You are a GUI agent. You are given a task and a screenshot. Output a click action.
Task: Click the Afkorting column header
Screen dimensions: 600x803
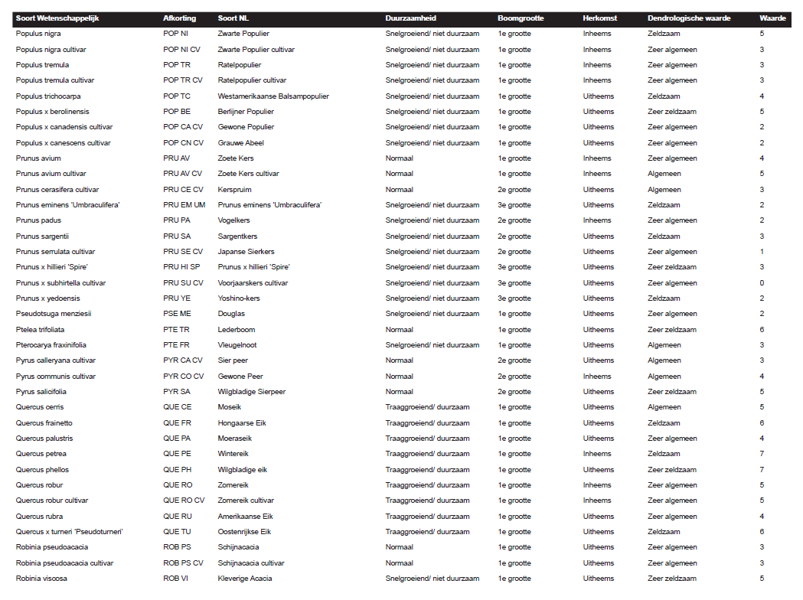(179, 18)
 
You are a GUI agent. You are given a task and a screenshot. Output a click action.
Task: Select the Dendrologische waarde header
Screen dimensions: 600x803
(688, 18)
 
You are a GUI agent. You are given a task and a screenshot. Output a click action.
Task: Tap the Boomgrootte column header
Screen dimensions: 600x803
(521, 18)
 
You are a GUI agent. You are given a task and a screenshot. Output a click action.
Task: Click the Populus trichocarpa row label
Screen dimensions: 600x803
(48, 96)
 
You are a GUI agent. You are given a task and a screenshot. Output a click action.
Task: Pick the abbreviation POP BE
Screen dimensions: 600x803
(176, 112)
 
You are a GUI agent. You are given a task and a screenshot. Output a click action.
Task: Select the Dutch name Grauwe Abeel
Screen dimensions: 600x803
(240, 143)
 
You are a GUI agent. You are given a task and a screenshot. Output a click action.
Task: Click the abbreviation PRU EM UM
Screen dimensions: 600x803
(184, 205)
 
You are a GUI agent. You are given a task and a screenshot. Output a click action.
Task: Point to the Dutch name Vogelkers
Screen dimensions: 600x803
(233, 220)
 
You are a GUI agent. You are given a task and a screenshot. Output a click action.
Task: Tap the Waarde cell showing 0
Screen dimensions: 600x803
(762, 283)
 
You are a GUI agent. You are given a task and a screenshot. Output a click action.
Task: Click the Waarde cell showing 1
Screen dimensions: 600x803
(762, 252)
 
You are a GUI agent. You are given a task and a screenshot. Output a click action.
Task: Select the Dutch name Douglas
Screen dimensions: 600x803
(231, 314)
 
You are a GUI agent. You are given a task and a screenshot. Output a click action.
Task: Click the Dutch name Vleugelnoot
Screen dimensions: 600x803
(237, 345)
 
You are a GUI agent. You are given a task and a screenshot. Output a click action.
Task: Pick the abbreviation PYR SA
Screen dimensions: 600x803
(177, 392)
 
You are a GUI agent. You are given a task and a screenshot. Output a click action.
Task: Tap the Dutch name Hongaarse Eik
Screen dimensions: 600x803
(242, 423)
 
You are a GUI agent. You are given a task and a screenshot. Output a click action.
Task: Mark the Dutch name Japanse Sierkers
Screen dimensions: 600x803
(246, 252)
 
